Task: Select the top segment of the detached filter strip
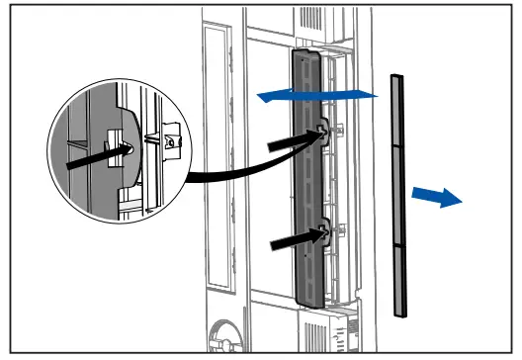(x=396, y=109)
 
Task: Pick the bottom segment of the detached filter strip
(x=398, y=281)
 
